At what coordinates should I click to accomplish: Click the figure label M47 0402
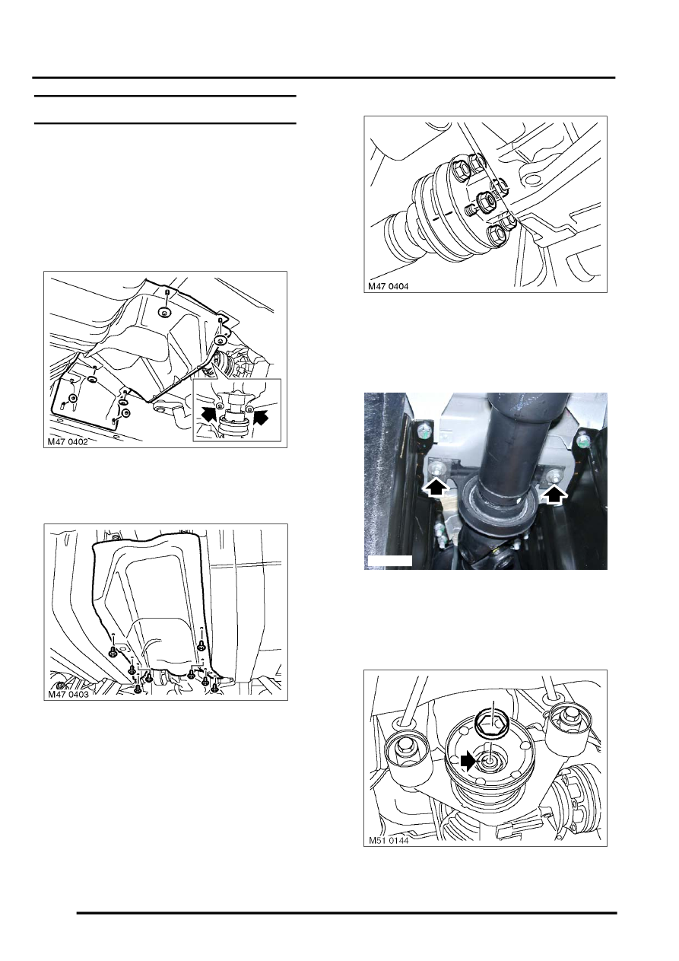[68, 441]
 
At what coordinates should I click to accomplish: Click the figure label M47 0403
[68, 694]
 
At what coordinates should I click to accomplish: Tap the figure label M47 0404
[389, 286]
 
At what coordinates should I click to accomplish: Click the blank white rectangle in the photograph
[389, 561]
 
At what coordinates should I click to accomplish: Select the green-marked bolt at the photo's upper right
[582, 440]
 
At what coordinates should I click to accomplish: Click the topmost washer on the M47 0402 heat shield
[163, 313]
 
